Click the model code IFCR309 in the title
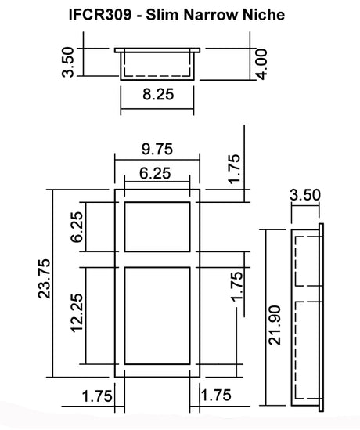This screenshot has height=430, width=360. (x=100, y=15)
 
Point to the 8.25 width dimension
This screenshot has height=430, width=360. (x=158, y=94)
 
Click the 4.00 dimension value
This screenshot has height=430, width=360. (x=261, y=64)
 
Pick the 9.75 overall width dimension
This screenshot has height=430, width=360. (x=157, y=149)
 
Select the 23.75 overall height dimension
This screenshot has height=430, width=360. (x=44, y=279)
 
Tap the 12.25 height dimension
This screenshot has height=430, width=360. (x=77, y=313)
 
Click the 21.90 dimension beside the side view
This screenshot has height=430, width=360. (x=275, y=325)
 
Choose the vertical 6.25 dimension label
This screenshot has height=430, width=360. (x=77, y=227)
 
